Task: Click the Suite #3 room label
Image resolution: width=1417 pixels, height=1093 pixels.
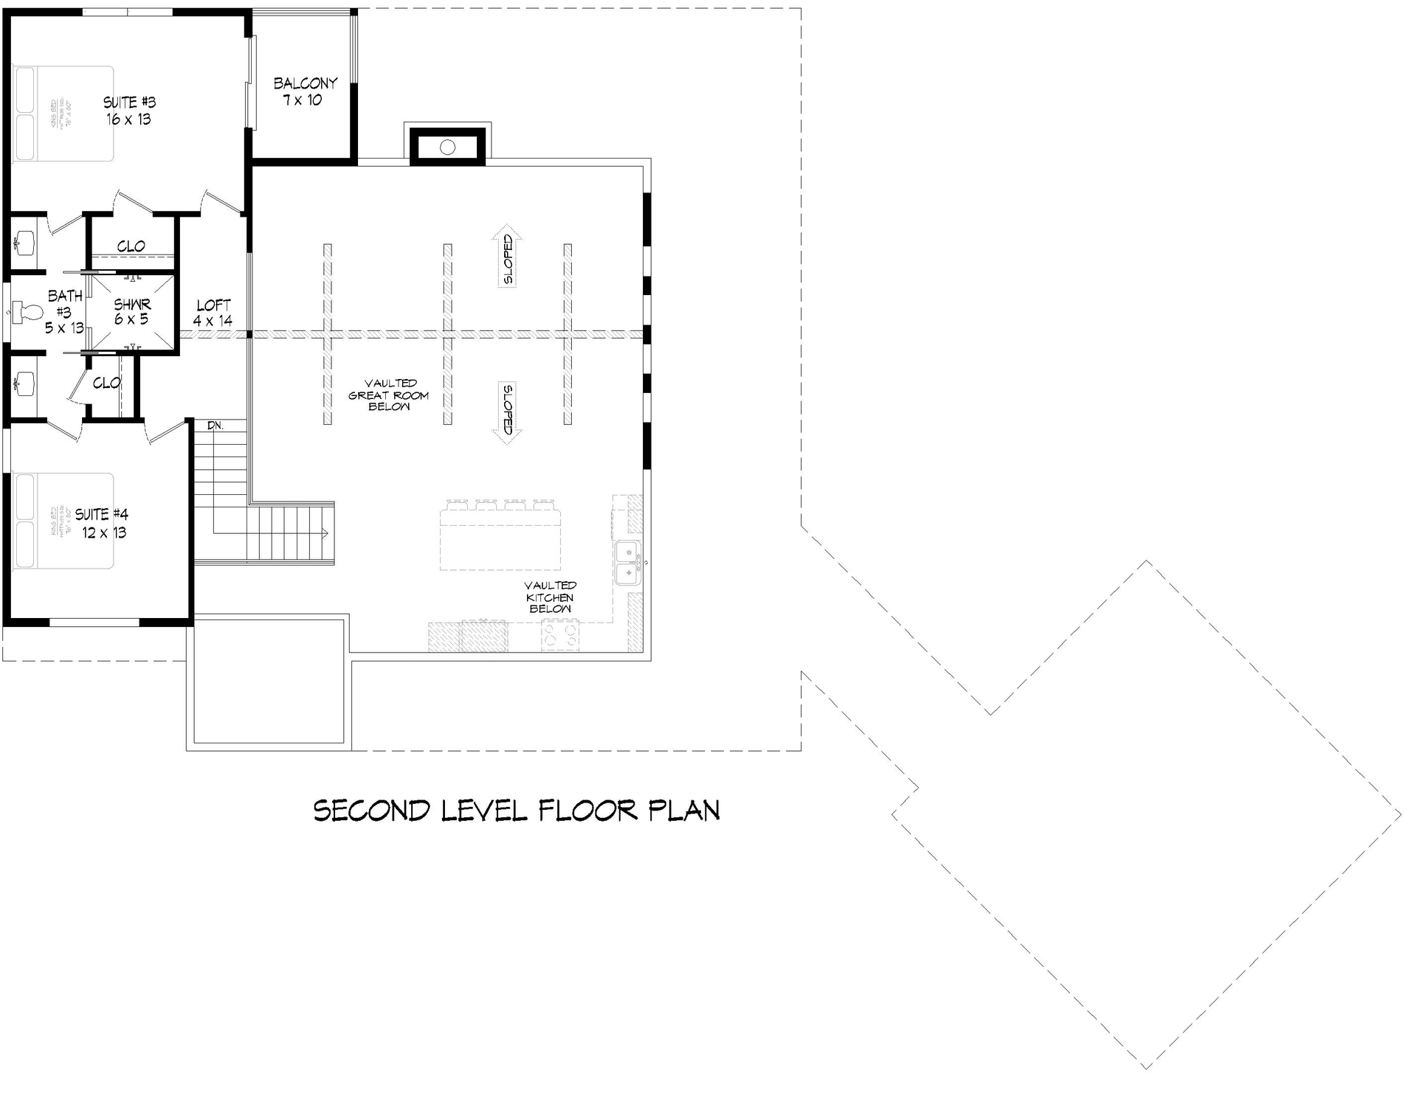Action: click(x=129, y=111)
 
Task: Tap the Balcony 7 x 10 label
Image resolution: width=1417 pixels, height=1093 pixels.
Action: click(x=305, y=91)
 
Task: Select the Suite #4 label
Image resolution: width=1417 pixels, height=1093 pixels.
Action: click(x=103, y=523)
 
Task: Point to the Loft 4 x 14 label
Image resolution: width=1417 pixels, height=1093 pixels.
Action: click(x=213, y=313)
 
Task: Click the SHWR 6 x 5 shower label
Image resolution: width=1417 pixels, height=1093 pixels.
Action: click(x=132, y=311)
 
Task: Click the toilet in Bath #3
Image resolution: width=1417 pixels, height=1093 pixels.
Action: click(x=27, y=312)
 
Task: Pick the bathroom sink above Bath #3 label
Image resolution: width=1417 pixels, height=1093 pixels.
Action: click(x=24, y=241)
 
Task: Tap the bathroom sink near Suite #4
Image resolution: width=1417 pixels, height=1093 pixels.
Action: click(x=24, y=382)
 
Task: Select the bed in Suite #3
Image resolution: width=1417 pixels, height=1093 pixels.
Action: click(x=63, y=114)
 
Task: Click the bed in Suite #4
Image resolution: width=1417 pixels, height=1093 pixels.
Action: click(x=63, y=521)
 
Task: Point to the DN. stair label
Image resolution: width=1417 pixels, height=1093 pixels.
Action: click(x=215, y=426)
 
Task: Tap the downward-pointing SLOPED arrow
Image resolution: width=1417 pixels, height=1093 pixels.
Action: click(x=508, y=413)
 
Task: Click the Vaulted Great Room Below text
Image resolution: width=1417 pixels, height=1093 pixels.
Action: click(x=389, y=395)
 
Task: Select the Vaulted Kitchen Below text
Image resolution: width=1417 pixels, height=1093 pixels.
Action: click(x=551, y=597)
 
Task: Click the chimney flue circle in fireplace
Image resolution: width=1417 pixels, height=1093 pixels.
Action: click(x=447, y=148)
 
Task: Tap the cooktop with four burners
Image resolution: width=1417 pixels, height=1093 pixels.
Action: click(x=560, y=635)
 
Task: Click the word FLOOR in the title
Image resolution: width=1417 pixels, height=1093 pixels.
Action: click(x=587, y=811)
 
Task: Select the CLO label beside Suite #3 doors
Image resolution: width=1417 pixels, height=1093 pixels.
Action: click(x=131, y=246)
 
